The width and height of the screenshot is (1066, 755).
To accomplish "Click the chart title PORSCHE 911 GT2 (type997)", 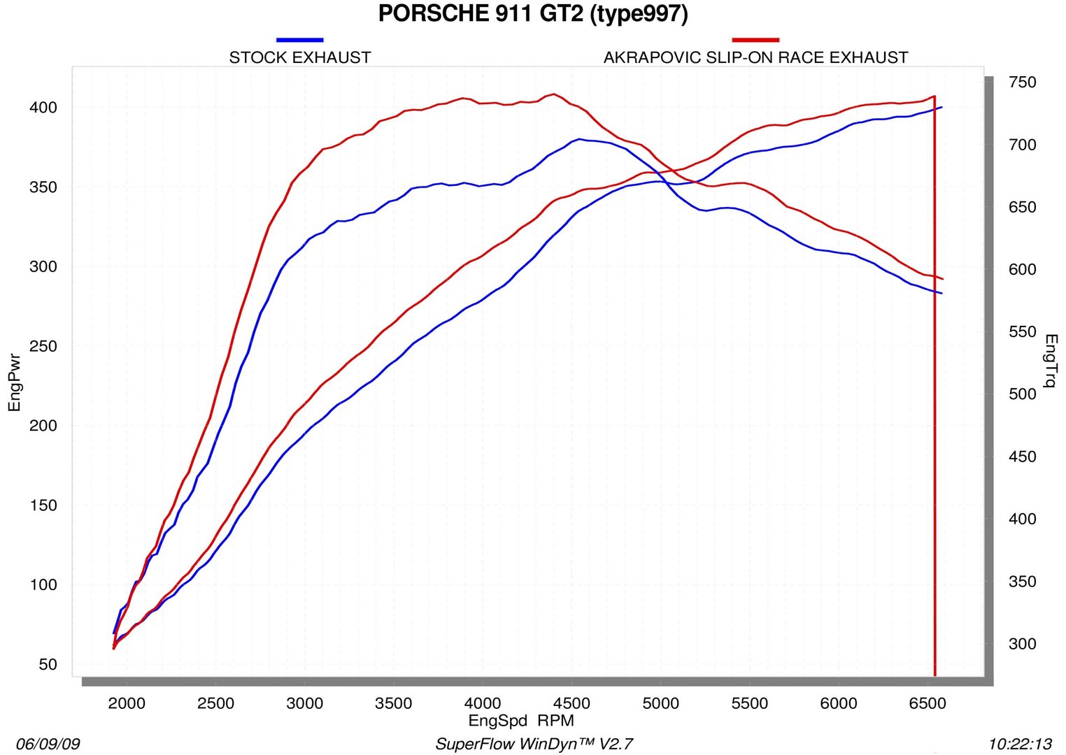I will pos(533,14).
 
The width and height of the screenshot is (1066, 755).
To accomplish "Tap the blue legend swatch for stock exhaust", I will pos(300,40).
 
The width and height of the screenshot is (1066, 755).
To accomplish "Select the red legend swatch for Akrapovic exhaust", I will pos(755,40).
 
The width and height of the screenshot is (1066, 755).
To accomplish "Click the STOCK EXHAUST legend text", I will pos(300,57).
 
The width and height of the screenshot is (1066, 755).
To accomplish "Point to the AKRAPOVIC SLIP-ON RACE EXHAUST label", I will pos(755,57).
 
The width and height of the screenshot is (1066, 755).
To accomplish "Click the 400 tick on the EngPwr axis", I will pos(43,108).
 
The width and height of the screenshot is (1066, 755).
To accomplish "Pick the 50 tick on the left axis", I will pos(48,664).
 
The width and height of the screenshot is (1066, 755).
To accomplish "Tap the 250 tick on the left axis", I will pos(43,346).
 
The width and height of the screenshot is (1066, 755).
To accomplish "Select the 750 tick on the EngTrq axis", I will pos(1022,82).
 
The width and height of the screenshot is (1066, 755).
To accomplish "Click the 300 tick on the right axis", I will pos(1022,644).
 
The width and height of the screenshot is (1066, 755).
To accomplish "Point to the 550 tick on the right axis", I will pos(1022,332).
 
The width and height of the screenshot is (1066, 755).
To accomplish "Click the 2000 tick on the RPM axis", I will pos(127,703).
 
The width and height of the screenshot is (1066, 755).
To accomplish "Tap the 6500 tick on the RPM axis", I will pos(927,703).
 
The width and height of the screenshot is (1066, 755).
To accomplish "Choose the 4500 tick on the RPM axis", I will pos(571,703).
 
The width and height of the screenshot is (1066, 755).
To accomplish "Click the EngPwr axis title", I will pos(15,382).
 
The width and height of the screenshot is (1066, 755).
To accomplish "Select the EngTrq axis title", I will pos(1051,360).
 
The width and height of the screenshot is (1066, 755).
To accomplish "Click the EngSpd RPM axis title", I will pos(521,721).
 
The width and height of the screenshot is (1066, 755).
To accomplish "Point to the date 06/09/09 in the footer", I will pos(48,744).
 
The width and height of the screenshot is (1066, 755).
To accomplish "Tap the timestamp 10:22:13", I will pos(1020,744).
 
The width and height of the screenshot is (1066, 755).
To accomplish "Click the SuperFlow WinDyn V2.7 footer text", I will pos(534,744).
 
